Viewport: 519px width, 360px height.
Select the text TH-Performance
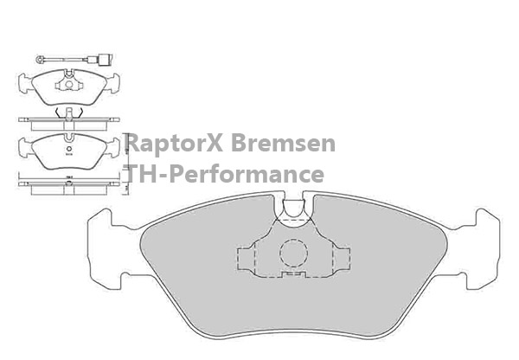pos(225,174)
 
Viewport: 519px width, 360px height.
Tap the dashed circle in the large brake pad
pos(293,253)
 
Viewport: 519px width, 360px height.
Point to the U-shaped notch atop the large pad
pos(294,208)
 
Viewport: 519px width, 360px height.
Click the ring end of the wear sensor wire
pos(38,59)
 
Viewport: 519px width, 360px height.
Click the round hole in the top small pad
pos(67,84)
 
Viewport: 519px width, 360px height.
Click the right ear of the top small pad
pos(114,83)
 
